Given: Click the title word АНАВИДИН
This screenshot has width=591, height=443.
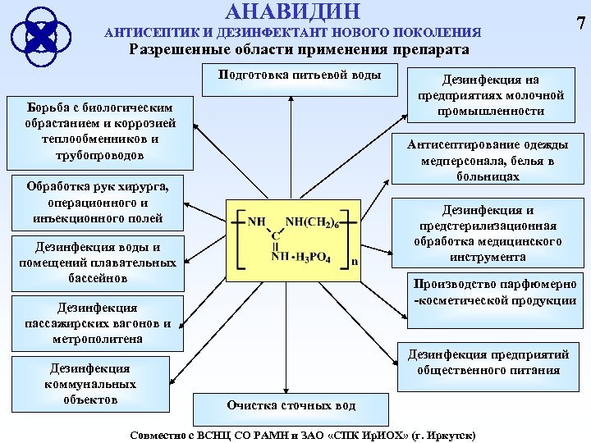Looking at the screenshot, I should pyautogui.click(x=291, y=11).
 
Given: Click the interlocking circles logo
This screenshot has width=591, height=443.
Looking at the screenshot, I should pyautogui.click(x=40, y=34).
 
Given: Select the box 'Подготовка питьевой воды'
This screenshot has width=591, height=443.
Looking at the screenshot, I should pyautogui.click(x=300, y=76).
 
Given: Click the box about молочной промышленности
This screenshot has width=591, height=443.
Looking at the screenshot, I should pyautogui.click(x=491, y=95).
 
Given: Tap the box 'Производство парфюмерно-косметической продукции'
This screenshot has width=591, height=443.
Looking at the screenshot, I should pyautogui.click(x=496, y=293).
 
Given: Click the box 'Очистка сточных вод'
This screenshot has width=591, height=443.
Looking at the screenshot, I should pyautogui.click(x=291, y=405).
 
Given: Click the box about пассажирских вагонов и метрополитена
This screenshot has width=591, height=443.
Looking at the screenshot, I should pyautogui.click(x=97, y=323).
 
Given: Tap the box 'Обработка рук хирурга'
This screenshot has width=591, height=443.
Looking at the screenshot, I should pyautogui.click(x=98, y=202).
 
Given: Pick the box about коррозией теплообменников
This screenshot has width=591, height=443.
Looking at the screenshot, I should pyautogui.click(x=99, y=131).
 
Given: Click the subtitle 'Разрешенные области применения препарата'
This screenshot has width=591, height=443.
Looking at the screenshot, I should pyautogui.click(x=300, y=50).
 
